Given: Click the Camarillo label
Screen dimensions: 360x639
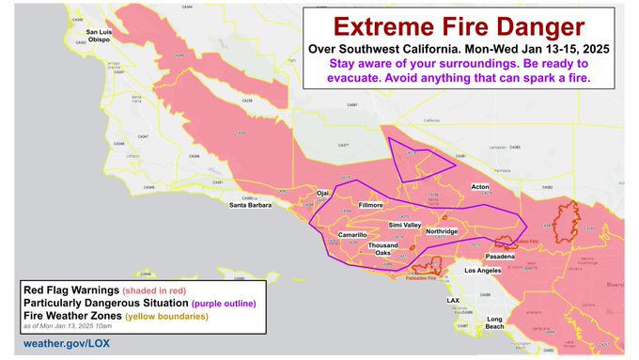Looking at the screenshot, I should click(x=352, y=234).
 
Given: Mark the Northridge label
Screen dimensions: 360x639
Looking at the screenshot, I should click(x=441, y=231).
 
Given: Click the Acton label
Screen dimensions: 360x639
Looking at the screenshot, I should click(x=480, y=187).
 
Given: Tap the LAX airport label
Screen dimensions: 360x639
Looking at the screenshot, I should click(x=452, y=301).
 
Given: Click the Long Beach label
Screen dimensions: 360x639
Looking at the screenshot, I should click(x=494, y=323).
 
